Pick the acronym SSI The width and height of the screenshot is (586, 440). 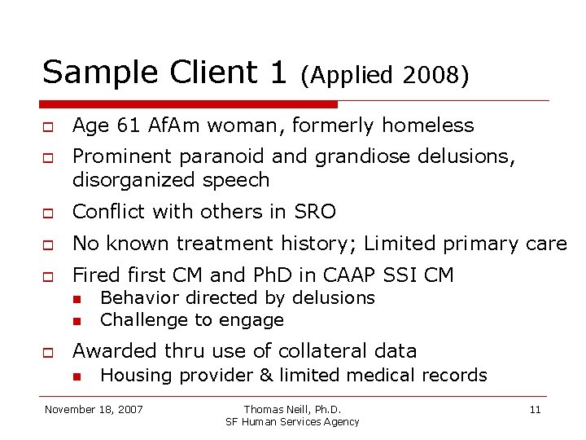click(x=378, y=275)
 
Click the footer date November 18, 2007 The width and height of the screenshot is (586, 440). click(x=94, y=409)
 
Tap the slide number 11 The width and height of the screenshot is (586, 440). click(x=535, y=409)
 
